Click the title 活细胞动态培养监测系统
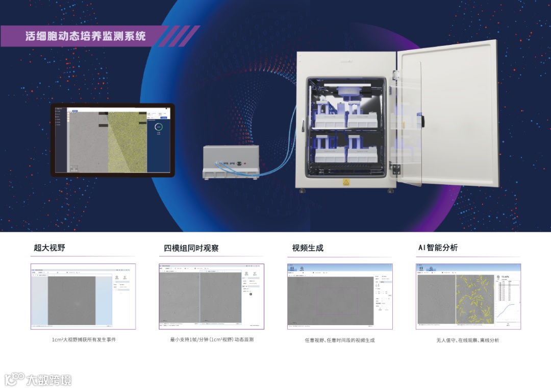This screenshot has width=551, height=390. point(86,36)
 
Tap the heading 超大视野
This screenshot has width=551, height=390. point(49,248)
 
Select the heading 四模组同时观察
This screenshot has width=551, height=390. point(191,248)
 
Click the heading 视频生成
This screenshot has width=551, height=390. point(308,248)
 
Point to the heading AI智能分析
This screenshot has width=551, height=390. point(438,248)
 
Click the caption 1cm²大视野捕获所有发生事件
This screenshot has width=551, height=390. point(84,339)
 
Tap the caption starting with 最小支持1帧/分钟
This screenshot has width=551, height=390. point(212,339)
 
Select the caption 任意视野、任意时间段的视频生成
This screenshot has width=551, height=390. point(339,340)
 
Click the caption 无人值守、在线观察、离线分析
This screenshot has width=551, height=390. point(467,340)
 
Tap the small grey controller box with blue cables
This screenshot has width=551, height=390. point(231,161)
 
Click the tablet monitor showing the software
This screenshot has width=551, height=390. point(112,140)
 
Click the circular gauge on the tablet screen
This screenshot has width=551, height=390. point(159,127)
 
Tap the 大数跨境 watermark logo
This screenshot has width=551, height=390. point(38,379)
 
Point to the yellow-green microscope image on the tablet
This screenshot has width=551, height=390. point(128,142)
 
